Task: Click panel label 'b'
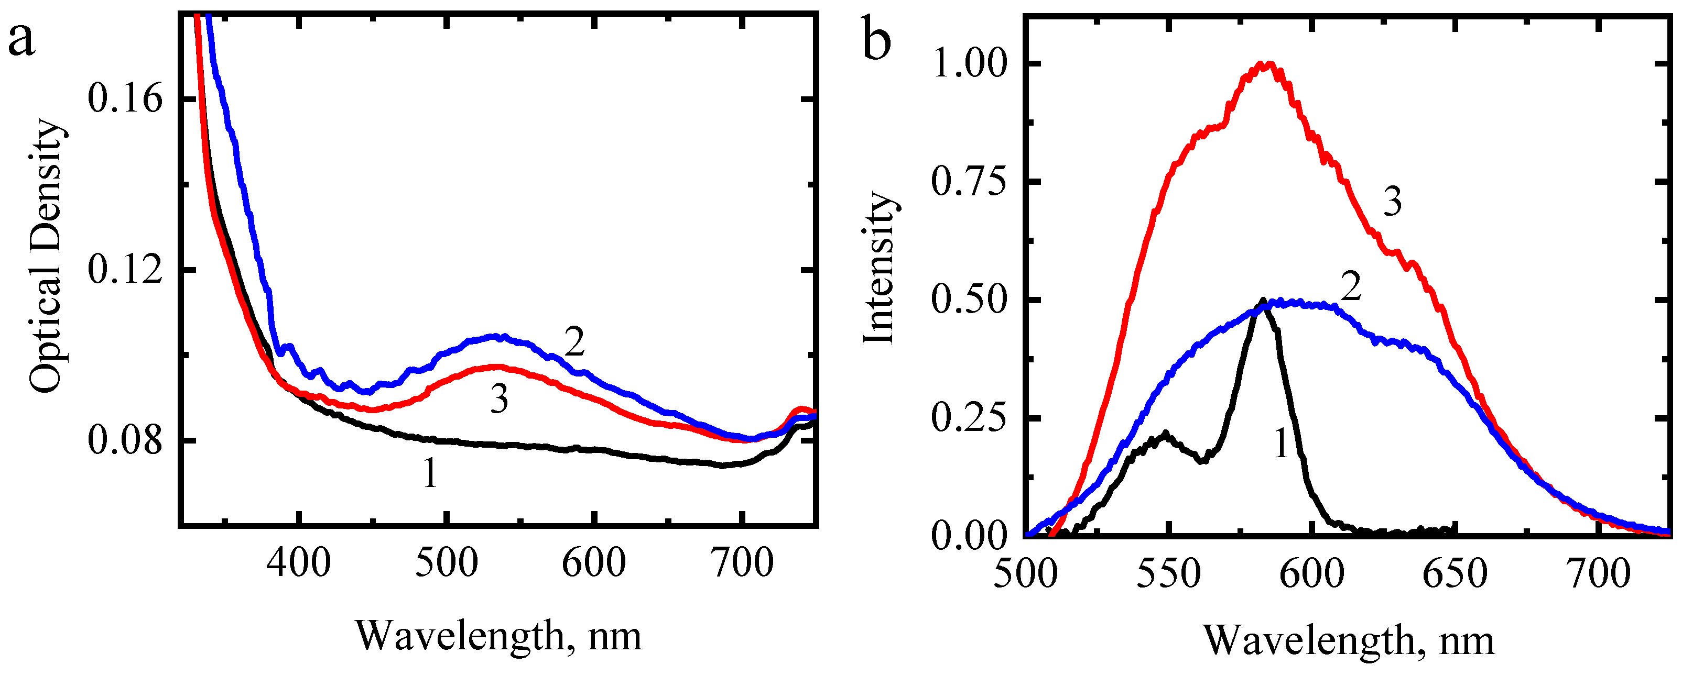[x=877, y=40]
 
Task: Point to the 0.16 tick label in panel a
[x=125, y=100]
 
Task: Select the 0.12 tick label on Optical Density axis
[x=125, y=270]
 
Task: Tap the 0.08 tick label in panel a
[x=125, y=440]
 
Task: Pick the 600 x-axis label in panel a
[x=593, y=562]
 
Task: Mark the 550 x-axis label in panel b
[x=1168, y=574]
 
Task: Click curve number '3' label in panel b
[x=1392, y=202]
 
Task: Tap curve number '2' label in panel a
[x=574, y=342]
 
